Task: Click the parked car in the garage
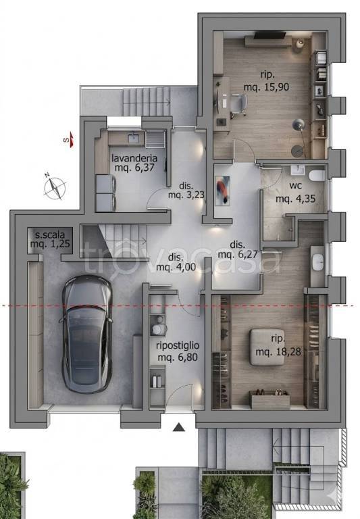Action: click(x=86, y=335)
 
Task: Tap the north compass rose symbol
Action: click(x=55, y=188)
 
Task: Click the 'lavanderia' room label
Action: click(x=134, y=158)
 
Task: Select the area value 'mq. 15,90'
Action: click(x=266, y=87)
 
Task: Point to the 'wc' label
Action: click(x=295, y=185)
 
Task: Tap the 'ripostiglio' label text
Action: click(x=178, y=346)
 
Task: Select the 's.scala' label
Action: click(x=49, y=235)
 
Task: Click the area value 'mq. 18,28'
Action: click(x=278, y=351)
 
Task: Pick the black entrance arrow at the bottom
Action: click(x=179, y=428)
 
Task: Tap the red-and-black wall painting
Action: click(x=222, y=190)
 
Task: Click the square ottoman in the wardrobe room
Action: click(x=267, y=347)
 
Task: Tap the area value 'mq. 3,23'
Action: click(x=186, y=195)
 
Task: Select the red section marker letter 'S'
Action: click(x=66, y=140)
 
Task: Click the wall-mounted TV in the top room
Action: click(x=270, y=34)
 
